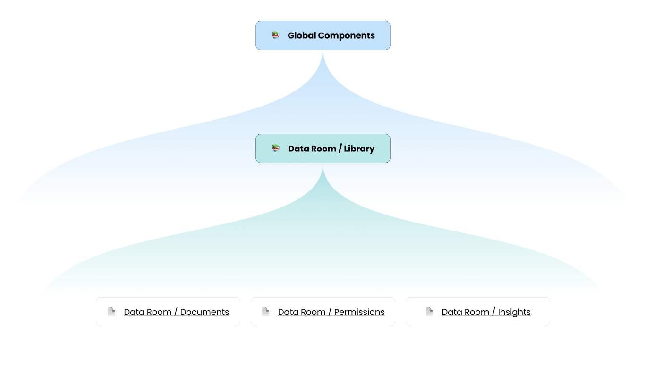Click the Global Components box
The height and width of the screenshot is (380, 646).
[x=323, y=35]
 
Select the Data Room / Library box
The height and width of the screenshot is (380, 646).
[x=323, y=149]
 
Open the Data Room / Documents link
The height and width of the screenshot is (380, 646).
[x=176, y=312]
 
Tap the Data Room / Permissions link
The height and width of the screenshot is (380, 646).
[x=331, y=312]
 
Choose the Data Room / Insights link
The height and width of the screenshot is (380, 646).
[x=486, y=312]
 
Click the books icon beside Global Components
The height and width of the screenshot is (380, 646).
[x=275, y=35]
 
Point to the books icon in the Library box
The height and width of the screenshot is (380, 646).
[x=276, y=149]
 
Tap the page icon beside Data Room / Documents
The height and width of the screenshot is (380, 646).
[x=111, y=312]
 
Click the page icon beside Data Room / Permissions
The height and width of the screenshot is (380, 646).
[x=265, y=312]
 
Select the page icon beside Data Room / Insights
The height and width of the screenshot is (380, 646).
[x=429, y=312]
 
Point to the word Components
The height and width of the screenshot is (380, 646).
[x=346, y=36]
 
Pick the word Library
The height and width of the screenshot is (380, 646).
[x=359, y=149]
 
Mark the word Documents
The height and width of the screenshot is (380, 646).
[x=204, y=312]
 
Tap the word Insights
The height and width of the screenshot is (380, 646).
[x=514, y=312]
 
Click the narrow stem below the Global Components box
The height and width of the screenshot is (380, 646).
[x=323, y=61]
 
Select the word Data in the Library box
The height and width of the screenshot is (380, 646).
[x=298, y=149]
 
